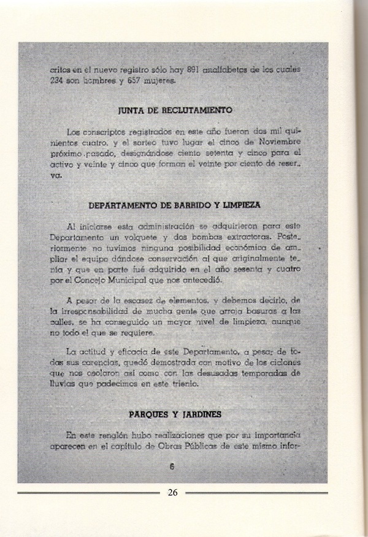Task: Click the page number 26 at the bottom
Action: (172, 492)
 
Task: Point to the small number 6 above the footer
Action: (172, 466)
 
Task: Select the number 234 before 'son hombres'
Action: (60, 80)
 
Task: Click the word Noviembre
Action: (280, 143)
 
